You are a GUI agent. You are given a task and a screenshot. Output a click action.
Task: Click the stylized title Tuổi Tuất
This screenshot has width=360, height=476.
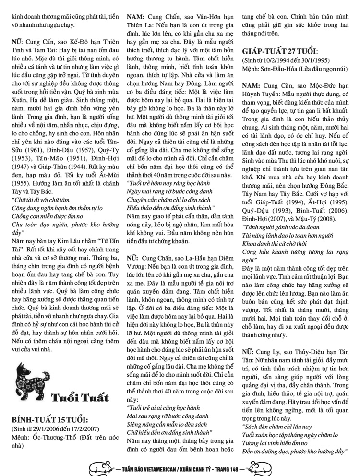75,398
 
